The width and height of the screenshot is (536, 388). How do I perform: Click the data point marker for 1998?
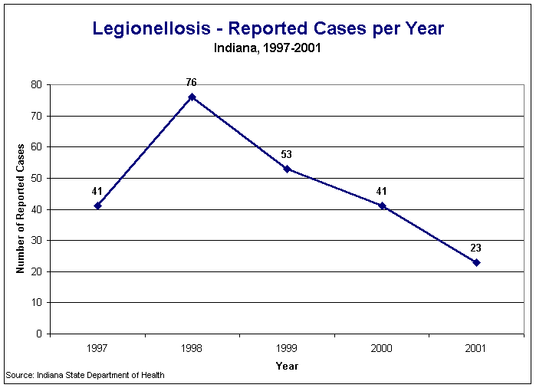tap(192, 97)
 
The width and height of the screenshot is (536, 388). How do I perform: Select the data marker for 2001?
tap(476, 262)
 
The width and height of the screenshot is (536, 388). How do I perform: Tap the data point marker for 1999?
tap(287, 169)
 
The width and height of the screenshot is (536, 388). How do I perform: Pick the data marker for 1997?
tap(97, 206)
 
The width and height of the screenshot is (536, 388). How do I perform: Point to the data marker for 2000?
tap(382, 206)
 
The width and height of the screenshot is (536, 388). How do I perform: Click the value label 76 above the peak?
tap(192, 82)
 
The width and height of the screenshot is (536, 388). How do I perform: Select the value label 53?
tap(287, 154)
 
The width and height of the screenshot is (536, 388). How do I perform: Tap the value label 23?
tap(476, 248)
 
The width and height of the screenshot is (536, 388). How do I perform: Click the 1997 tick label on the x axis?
tap(97, 349)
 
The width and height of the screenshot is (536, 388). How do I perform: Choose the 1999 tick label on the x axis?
tap(287, 349)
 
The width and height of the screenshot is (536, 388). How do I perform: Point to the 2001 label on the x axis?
tap(476, 349)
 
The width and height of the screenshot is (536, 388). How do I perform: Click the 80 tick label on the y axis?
tap(36, 84)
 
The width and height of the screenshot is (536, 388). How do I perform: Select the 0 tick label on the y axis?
tap(39, 334)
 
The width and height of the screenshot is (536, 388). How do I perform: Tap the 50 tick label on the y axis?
tap(36, 178)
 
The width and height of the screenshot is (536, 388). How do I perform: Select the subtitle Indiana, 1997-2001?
tap(268, 48)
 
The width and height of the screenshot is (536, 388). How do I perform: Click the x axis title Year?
tap(287, 366)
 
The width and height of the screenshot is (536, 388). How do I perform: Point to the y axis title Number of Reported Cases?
tap(21, 209)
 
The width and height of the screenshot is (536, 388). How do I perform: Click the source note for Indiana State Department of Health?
tap(84, 375)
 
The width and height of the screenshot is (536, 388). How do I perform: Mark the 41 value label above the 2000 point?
tap(382, 191)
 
